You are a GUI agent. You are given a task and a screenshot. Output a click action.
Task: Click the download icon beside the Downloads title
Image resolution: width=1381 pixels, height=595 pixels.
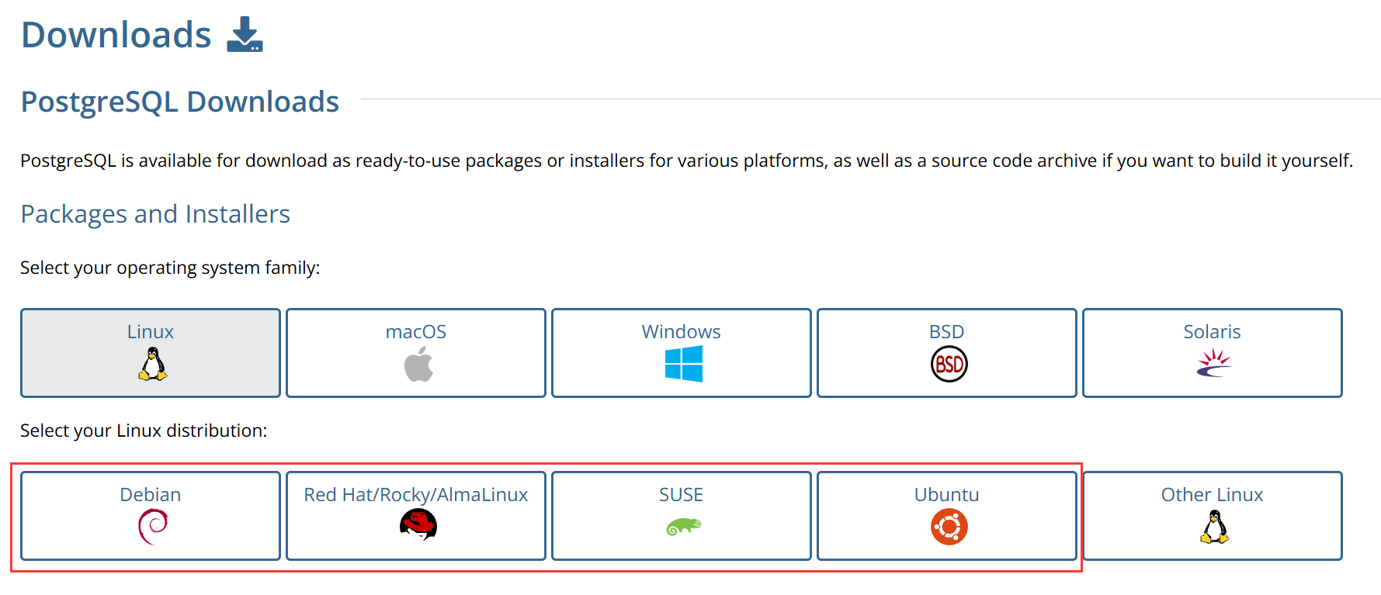tap(245, 35)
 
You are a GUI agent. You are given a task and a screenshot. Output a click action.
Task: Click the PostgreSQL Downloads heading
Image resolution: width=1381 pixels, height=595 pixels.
tap(179, 102)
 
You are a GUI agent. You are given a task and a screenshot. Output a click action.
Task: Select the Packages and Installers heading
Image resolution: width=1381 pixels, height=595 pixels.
tap(155, 214)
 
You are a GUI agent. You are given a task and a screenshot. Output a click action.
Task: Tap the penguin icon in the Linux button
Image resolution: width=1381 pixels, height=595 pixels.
tap(152, 364)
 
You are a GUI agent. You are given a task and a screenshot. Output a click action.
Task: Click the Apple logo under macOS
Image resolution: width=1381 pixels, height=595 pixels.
tap(418, 364)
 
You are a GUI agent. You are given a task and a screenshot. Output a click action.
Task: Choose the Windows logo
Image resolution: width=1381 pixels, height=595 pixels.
tap(683, 364)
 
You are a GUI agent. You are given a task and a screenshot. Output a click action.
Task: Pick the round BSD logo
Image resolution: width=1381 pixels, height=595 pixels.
tap(949, 364)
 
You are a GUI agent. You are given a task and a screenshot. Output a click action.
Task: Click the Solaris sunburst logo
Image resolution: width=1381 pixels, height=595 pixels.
tap(1214, 362)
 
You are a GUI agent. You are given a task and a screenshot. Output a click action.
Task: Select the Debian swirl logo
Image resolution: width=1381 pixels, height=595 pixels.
tap(153, 527)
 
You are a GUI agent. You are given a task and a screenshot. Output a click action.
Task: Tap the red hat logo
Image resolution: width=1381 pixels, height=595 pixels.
tap(418, 525)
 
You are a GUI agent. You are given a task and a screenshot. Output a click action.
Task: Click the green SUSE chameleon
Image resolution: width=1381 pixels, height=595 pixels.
tap(683, 527)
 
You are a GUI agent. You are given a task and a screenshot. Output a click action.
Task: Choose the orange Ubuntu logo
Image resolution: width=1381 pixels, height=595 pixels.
tap(949, 527)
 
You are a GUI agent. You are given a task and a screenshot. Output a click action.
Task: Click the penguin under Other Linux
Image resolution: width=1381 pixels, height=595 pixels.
tap(1214, 527)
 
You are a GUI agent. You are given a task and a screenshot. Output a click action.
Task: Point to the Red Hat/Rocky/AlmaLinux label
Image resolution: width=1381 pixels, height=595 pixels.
tap(416, 495)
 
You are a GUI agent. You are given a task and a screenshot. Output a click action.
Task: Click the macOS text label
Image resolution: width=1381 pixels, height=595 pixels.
tap(416, 332)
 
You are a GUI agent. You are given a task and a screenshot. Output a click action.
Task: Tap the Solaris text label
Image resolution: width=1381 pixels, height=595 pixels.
tap(1212, 332)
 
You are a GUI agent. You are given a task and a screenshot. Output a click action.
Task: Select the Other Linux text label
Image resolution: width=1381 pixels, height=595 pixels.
tap(1212, 495)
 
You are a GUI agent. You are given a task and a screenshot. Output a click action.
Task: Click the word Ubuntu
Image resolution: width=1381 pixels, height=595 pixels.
tap(946, 495)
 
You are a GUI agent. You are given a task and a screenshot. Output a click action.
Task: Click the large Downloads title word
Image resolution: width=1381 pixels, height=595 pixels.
tap(116, 35)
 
